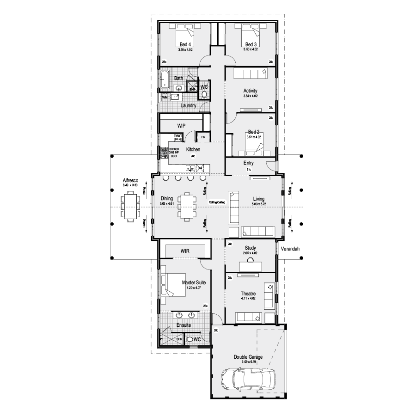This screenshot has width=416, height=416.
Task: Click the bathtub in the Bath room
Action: [x=165, y=79]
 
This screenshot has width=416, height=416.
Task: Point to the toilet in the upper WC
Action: [x=204, y=94]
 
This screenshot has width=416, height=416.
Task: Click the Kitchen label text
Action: [x=193, y=150]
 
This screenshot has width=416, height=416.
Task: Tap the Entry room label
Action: [x=248, y=163]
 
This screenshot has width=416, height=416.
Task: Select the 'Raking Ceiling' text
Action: [x=217, y=202]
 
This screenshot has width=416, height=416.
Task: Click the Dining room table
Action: [x=187, y=206]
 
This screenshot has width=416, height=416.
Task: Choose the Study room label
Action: [x=250, y=248]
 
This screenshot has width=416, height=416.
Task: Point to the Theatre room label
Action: [x=248, y=294]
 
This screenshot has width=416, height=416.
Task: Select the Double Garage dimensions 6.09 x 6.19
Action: [x=249, y=362]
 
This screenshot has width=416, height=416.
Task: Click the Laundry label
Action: [x=189, y=106]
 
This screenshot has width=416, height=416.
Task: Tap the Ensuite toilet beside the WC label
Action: [x=190, y=340]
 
